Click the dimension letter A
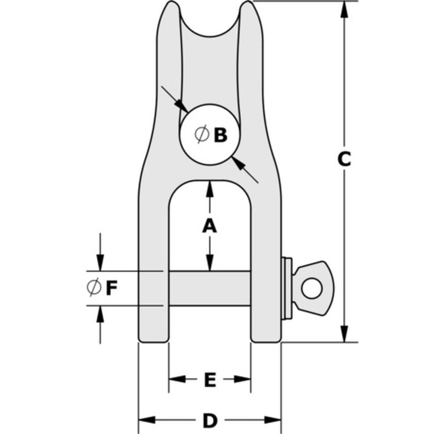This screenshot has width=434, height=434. (210, 225)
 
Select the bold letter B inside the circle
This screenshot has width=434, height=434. (220, 135)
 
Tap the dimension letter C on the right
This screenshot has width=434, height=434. (344, 159)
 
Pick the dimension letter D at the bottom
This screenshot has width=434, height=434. (210, 420)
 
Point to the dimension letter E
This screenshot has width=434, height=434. (210, 380)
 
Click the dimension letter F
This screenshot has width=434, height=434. (111, 288)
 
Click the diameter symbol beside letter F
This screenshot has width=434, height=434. (94, 288)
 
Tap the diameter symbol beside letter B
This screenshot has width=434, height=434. (201, 134)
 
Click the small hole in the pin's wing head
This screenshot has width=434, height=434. (312, 288)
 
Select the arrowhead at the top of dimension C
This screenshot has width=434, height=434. (344, 10)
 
